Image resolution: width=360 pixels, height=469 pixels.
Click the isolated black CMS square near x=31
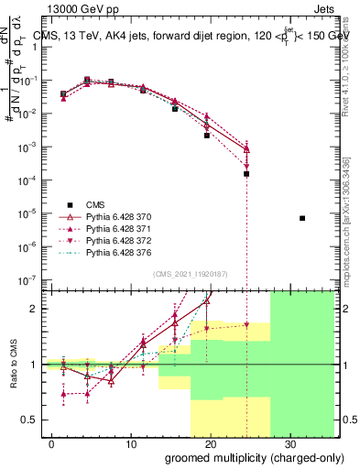(302, 218)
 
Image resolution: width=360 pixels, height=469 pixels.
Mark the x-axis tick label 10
(130, 443)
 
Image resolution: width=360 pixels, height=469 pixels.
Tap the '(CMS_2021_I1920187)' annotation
(191, 274)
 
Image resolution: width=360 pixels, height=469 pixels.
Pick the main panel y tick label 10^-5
(28, 213)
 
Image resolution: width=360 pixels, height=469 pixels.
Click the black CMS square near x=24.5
(246, 173)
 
